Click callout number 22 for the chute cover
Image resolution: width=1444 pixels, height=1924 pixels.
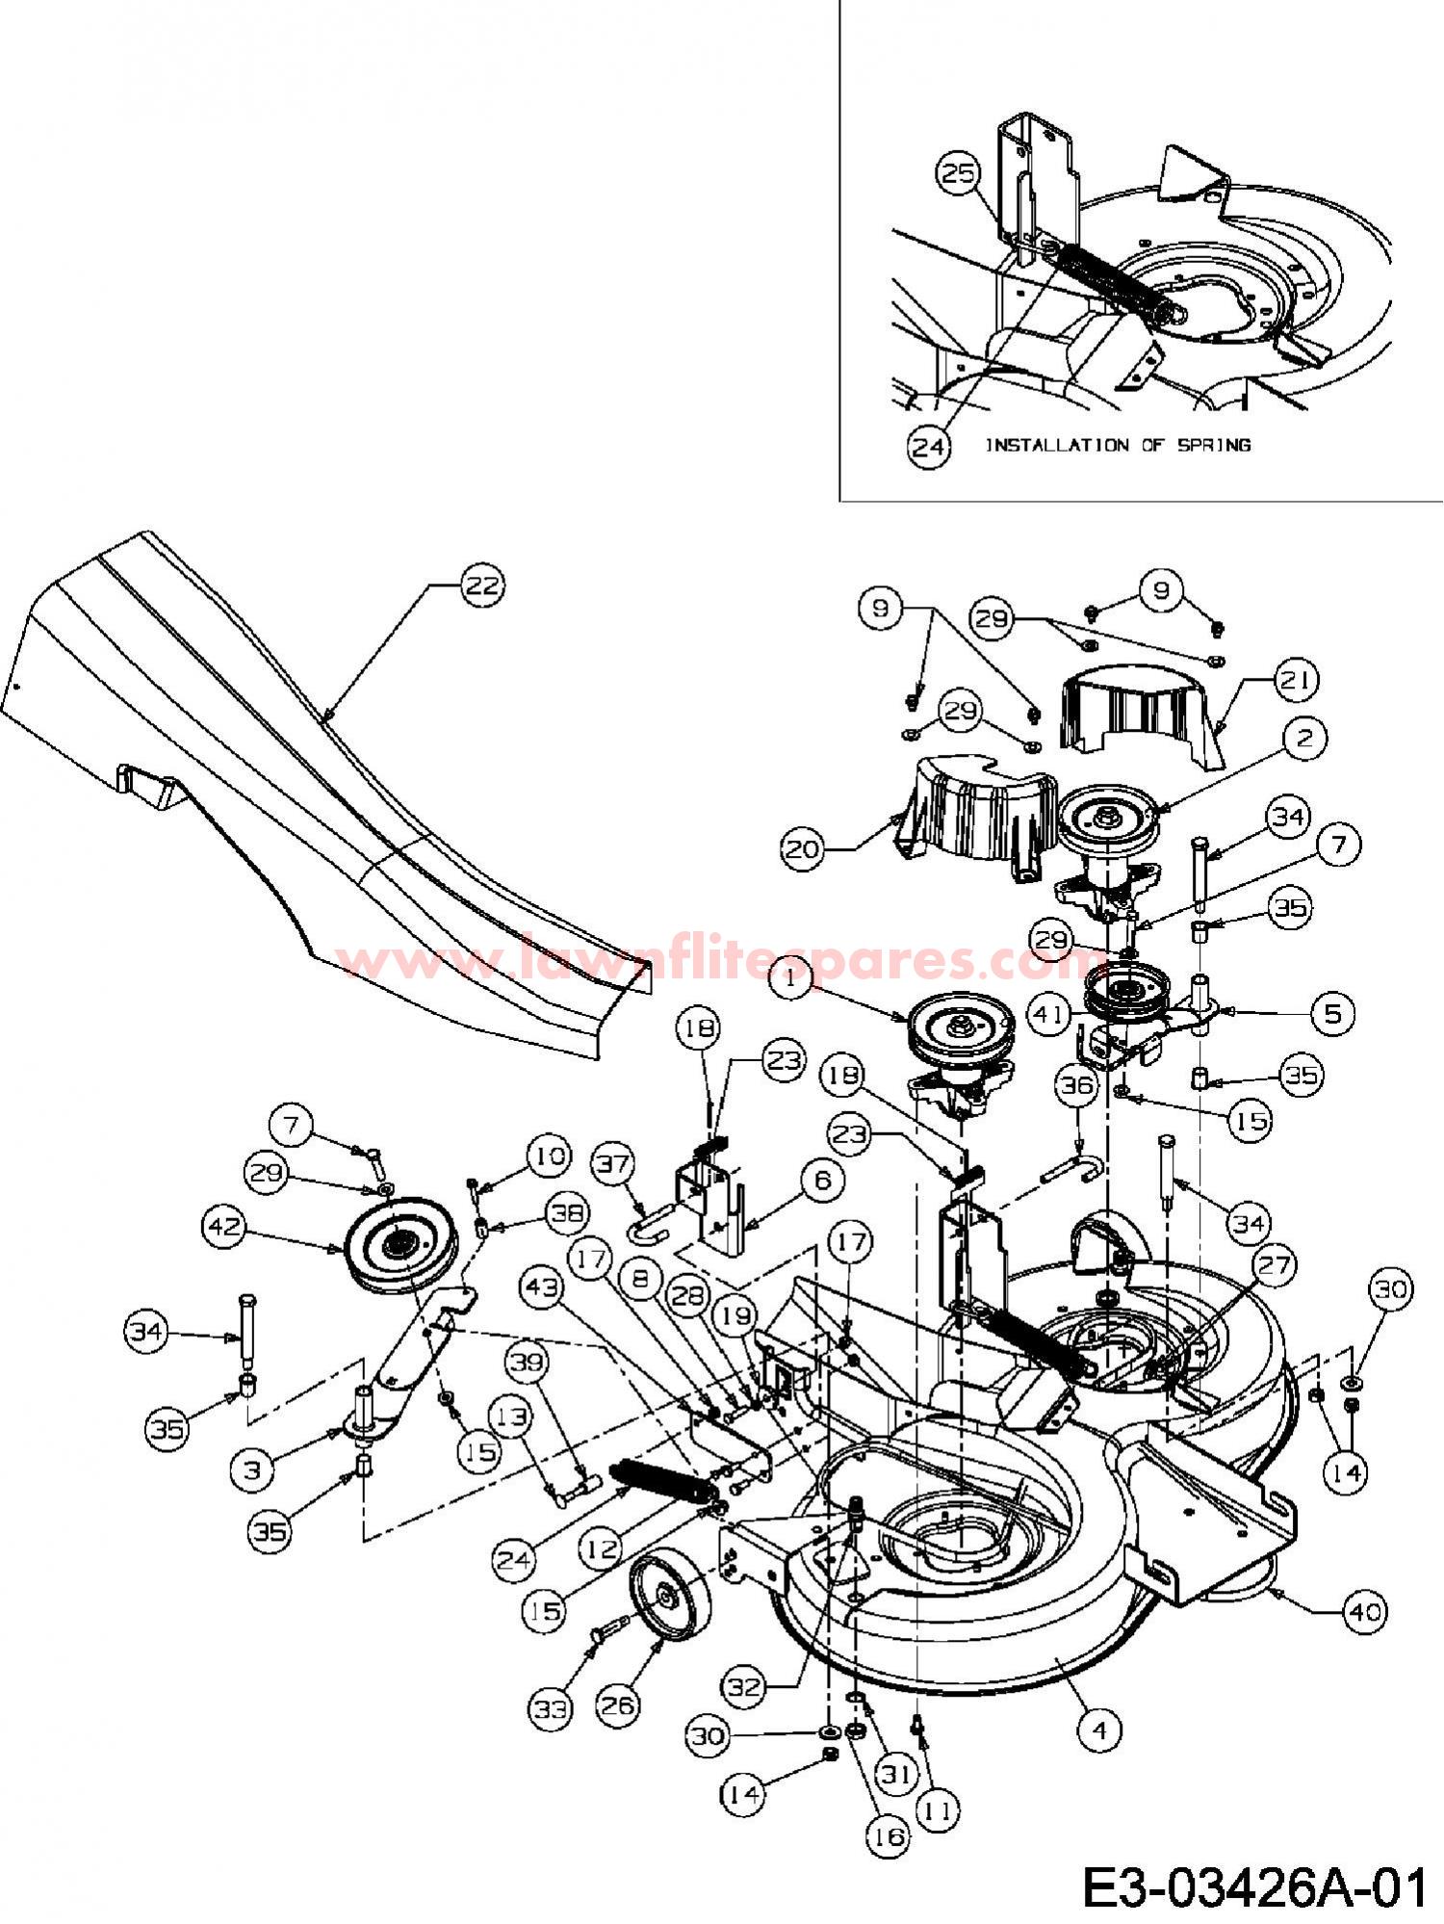[x=482, y=586]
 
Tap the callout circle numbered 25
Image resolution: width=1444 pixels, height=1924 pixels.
[x=959, y=174]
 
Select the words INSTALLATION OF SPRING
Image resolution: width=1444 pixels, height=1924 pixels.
[x=1116, y=445]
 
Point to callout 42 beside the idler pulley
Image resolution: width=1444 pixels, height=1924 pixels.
[x=223, y=1226]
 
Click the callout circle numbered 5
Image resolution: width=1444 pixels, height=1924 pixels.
[x=1332, y=1013]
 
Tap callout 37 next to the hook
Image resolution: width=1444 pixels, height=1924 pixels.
[x=615, y=1164]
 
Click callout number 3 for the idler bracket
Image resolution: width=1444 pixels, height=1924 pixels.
[x=253, y=1469]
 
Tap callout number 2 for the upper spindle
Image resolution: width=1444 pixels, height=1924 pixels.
[x=1304, y=739]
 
